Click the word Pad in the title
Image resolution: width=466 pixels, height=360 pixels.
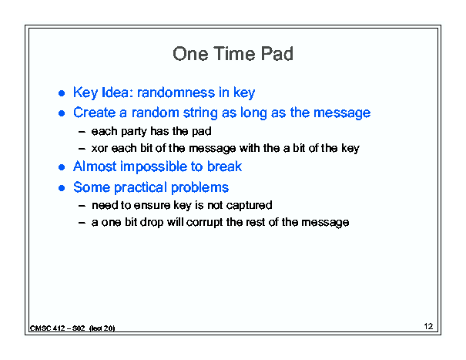tap(277, 54)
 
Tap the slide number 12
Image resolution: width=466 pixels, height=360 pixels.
tap(428, 326)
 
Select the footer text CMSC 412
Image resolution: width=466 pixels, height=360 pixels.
tap(47, 328)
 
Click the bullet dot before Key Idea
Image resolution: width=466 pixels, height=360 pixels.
tap(62, 93)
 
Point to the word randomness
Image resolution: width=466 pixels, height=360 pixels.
tap(176, 93)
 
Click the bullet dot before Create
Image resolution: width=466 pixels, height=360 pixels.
tap(62, 113)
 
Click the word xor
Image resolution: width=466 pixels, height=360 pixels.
tap(99, 148)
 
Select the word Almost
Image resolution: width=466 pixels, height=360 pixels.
tap(95, 167)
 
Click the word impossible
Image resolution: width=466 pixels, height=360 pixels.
tap(154, 167)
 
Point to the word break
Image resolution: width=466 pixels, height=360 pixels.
tap(224, 167)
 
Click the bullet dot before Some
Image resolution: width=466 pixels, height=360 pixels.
tap(62, 188)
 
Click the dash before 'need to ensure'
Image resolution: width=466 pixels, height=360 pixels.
tap(82, 206)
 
